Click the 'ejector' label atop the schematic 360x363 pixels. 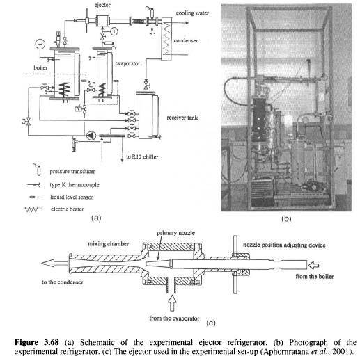(102, 5)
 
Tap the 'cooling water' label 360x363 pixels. (192, 13)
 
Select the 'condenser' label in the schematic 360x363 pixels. (186, 40)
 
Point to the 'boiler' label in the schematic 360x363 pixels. (40, 68)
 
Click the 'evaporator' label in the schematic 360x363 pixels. (127, 63)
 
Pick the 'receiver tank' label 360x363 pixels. (182, 118)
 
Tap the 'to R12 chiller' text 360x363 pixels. (142, 157)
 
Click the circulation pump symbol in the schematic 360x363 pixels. (91, 136)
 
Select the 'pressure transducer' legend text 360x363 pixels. (72, 172)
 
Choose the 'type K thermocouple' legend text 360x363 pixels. (75, 185)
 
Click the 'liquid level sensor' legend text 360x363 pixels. (72, 197)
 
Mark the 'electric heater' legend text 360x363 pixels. (67, 209)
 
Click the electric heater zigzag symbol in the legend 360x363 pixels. (33, 209)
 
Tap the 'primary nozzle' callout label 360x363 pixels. (176, 233)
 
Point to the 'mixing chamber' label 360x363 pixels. (109, 244)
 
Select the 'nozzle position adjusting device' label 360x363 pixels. (284, 245)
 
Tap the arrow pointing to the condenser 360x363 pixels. (55, 263)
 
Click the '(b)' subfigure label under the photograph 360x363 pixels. (286, 219)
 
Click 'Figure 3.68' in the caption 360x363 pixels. (37, 342)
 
